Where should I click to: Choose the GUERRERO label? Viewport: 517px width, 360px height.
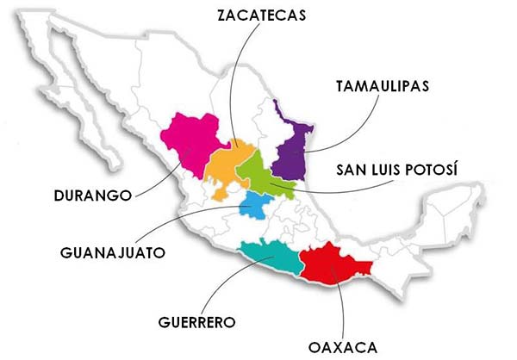coord(196,323)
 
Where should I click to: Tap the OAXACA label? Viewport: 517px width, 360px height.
coord(342,347)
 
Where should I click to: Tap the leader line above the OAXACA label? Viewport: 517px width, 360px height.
coord(339,306)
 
